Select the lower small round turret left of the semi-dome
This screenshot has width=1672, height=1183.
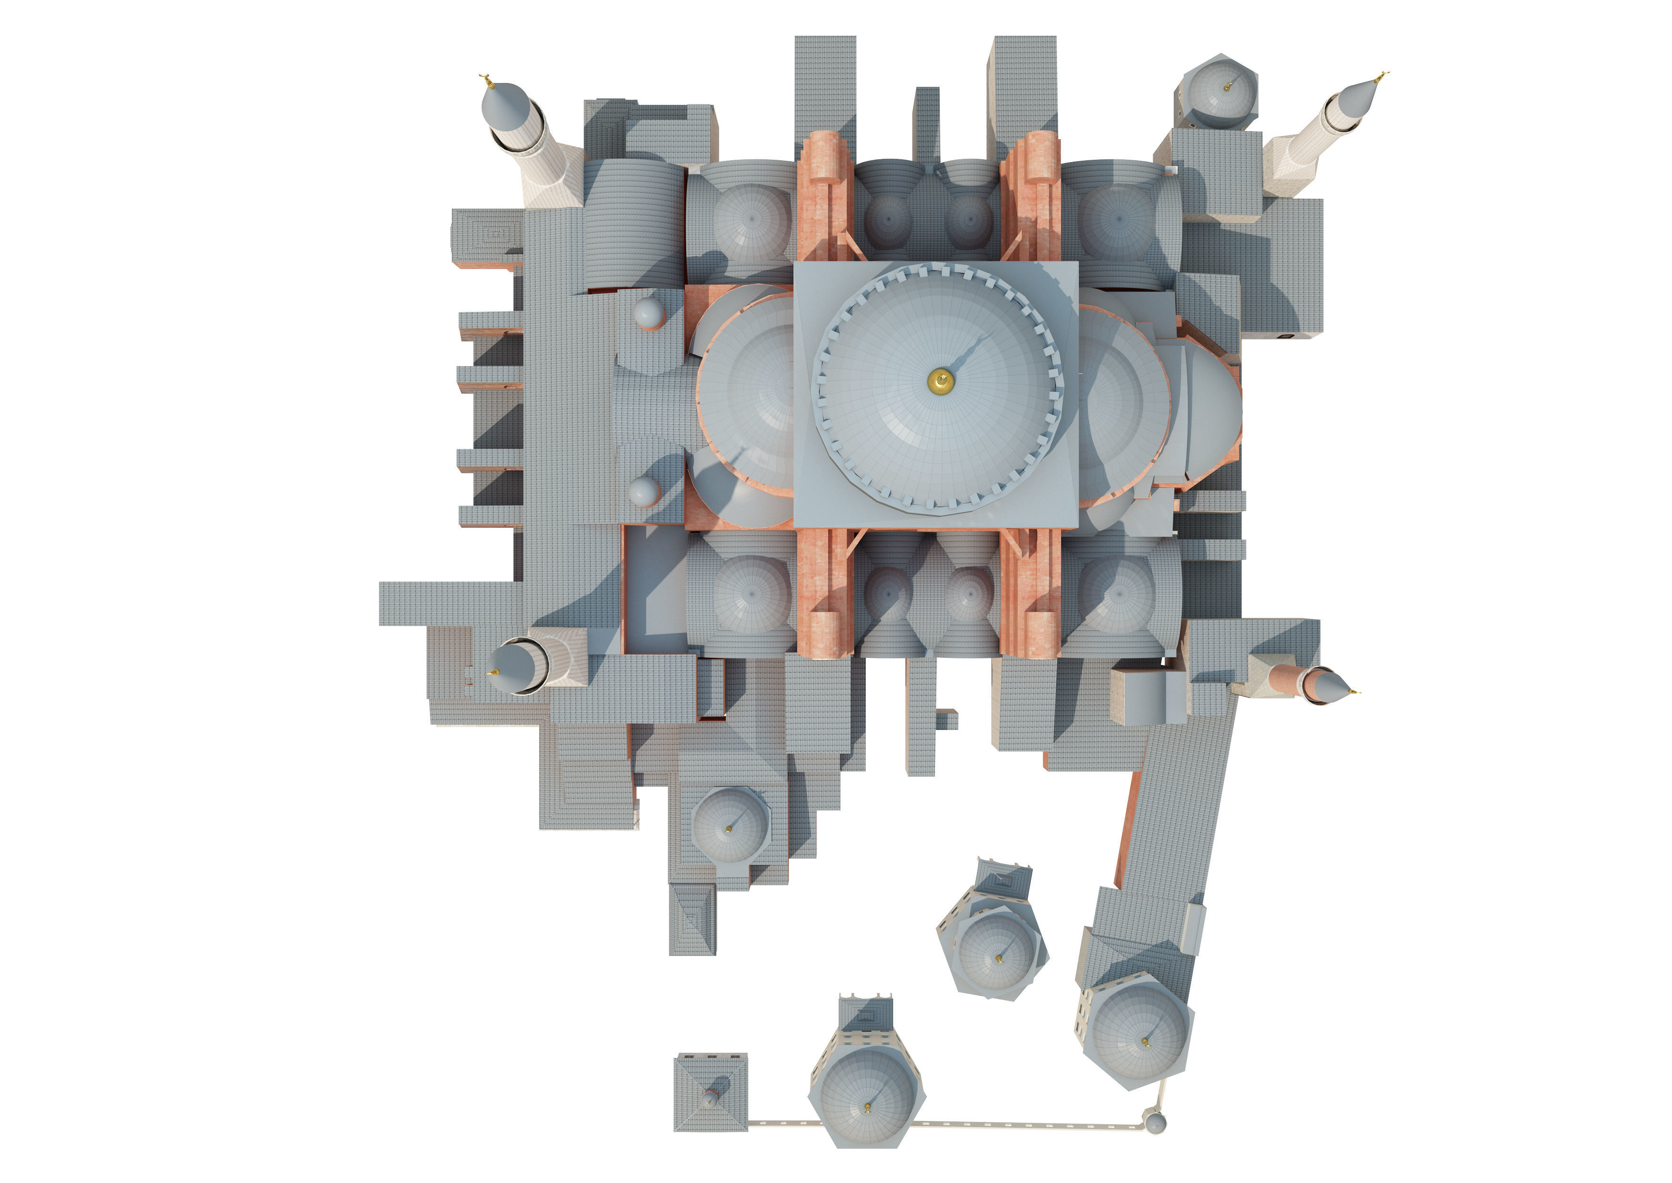point(643,492)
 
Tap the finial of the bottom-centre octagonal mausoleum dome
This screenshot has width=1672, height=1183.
point(867,1108)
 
